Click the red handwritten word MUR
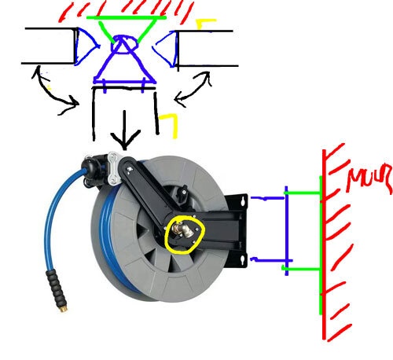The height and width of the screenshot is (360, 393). (x=369, y=178)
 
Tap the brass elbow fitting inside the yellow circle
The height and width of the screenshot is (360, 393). (x=183, y=230)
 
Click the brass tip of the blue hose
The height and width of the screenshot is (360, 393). (x=64, y=309)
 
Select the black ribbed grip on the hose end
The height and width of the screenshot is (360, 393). (x=55, y=288)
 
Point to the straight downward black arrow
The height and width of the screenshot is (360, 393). (x=124, y=130)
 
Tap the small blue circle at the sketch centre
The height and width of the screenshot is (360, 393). (x=124, y=44)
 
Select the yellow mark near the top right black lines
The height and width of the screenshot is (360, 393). (x=206, y=24)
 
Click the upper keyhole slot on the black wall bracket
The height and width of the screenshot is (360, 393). (x=243, y=201)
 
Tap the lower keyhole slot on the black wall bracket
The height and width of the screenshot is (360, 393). (x=242, y=260)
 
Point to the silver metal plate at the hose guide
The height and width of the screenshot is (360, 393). (x=114, y=168)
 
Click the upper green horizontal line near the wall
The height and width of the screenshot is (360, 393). (x=303, y=193)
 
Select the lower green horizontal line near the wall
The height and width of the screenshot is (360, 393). (x=301, y=269)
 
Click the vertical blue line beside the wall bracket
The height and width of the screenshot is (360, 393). (x=286, y=230)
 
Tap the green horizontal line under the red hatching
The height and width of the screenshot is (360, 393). (x=127, y=18)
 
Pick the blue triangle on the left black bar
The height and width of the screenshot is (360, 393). (x=86, y=46)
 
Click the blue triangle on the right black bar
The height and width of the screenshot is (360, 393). (x=166, y=49)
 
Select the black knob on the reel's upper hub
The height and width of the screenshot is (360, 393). (x=184, y=190)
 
